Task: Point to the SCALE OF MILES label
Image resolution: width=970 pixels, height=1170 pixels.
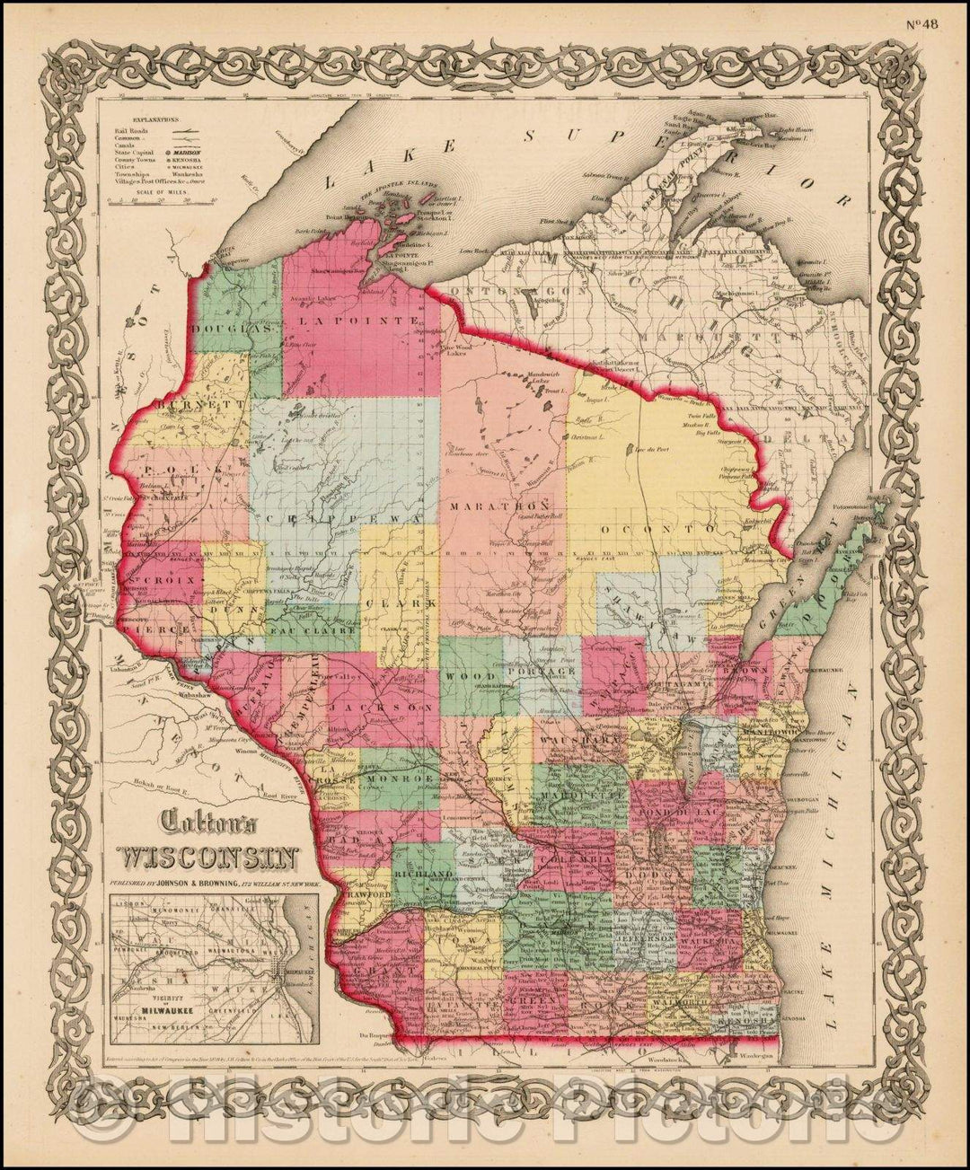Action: coord(145,189)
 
